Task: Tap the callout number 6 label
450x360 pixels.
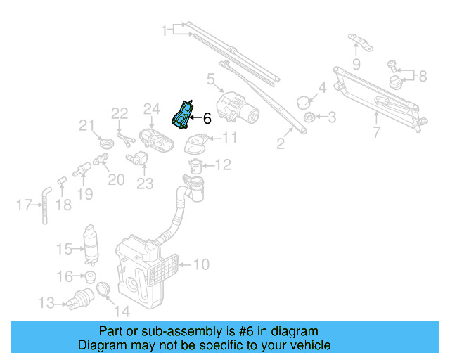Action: click(207, 119)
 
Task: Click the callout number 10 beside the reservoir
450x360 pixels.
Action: click(202, 265)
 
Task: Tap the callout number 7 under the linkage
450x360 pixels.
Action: click(375, 131)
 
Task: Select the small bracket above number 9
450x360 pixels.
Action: click(360, 44)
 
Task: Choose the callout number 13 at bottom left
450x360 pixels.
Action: click(46, 303)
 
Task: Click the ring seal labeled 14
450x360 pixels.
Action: click(103, 289)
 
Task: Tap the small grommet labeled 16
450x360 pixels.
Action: click(90, 276)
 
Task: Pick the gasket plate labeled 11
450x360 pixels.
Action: click(193, 146)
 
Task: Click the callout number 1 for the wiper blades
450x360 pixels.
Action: click(166, 31)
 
